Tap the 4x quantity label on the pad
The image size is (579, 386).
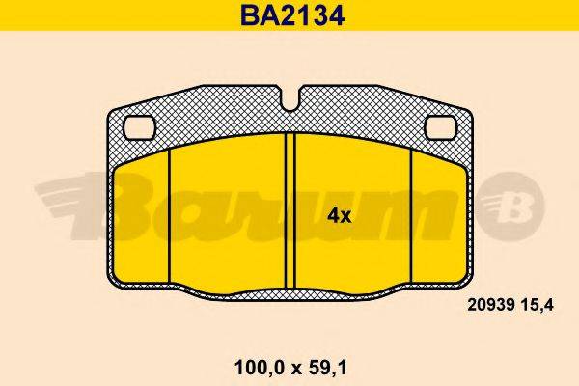339,215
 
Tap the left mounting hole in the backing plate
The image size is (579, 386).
141,125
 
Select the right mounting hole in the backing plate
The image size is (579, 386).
441,125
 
